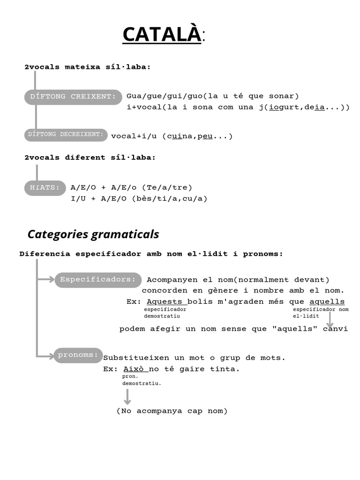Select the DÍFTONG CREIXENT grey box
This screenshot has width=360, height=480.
[x=73, y=97]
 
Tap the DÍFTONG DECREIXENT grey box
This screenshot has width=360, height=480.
[x=66, y=135]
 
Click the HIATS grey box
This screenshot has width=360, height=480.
[x=45, y=188]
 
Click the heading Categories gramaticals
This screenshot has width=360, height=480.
[x=93, y=234]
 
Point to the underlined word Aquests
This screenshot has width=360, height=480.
[x=166, y=301]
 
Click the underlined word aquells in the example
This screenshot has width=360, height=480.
[x=327, y=301]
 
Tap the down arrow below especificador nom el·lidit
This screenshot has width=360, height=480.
[x=330, y=322]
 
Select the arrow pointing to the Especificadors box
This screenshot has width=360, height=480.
[x=45, y=280]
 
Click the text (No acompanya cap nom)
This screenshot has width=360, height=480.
[x=172, y=411]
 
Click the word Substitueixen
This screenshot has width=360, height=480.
[x=134, y=358]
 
